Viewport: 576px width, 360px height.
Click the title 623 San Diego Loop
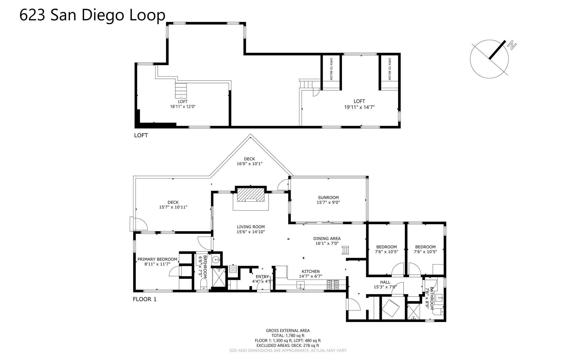(92, 15)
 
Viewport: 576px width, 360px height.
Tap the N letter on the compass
(512, 45)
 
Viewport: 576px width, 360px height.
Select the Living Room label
(251, 227)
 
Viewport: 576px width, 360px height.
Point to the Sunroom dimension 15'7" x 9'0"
(328, 202)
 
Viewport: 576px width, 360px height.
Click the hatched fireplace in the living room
(251, 195)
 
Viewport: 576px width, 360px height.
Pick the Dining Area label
(327, 239)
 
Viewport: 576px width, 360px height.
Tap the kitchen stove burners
(333, 285)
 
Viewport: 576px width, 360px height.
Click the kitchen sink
(300, 285)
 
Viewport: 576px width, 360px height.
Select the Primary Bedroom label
(157, 259)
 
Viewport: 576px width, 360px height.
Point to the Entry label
(262, 277)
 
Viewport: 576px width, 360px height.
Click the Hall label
(385, 282)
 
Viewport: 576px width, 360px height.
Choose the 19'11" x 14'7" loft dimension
(359, 107)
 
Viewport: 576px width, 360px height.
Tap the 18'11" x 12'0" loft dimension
(183, 107)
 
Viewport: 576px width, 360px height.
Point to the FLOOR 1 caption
(144, 299)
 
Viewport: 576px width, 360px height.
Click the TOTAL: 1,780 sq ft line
(288, 336)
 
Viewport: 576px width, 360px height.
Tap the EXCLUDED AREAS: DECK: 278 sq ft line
(288, 346)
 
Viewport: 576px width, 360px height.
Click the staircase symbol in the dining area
(345, 250)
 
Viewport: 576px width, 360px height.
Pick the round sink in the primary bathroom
(216, 260)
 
